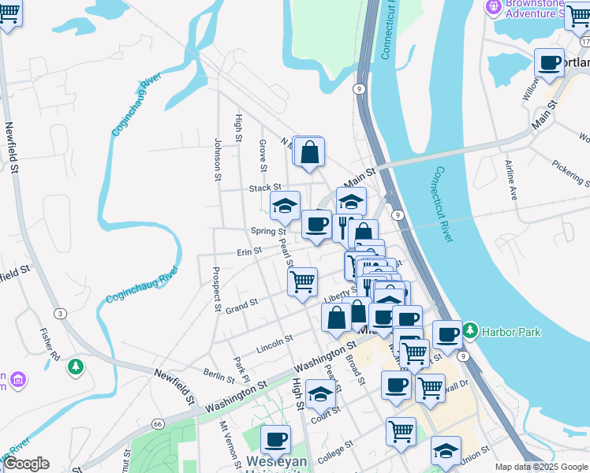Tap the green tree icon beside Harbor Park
(471, 329)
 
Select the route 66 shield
(159, 423)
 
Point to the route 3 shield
(62, 313)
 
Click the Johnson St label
(217, 158)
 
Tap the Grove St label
(263, 153)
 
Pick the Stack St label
(260, 189)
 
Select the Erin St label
(249, 253)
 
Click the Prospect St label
(215, 289)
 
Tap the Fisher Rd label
(50, 344)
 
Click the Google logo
(26, 464)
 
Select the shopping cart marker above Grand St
(303, 281)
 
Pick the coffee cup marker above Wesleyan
(275, 440)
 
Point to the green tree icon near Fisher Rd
(75, 367)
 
